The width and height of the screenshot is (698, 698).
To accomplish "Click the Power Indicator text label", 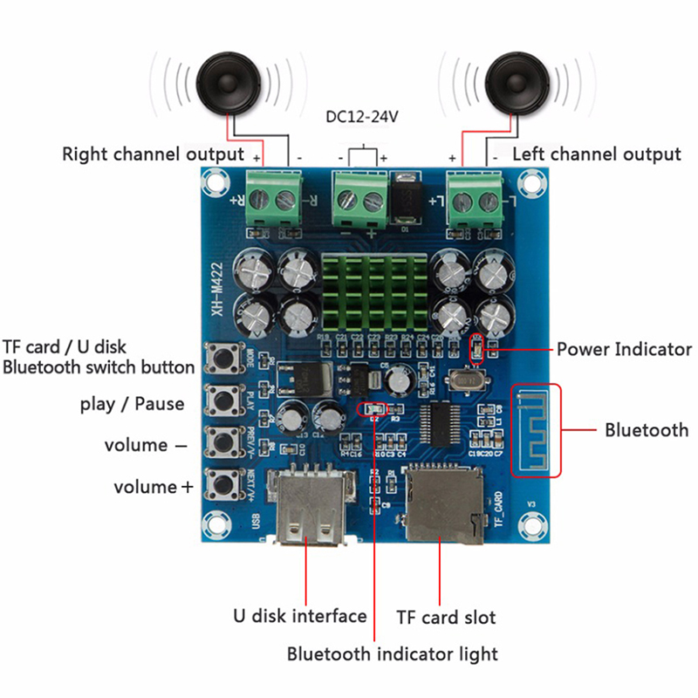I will [624, 350].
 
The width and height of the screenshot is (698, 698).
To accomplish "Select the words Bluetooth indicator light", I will [393, 654].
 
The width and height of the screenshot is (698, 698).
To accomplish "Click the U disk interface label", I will [299, 616].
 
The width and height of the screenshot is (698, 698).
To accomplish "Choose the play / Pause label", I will [132, 403].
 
